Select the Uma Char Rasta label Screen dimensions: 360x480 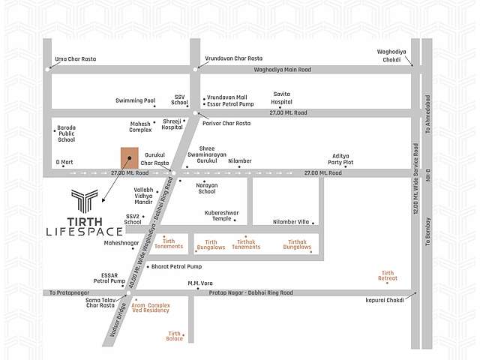coord(72,58)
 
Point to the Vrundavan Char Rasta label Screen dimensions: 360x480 coord(234,58)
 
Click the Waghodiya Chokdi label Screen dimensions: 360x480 coord(391,55)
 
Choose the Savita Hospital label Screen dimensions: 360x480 coord(281,97)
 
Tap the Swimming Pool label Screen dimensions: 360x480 coord(135,100)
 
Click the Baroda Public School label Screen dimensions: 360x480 coord(66,133)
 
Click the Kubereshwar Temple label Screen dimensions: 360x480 coord(221,215)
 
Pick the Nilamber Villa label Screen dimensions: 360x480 coord(290,221)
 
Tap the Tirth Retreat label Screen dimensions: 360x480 coord(387,276)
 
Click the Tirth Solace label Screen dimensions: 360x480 coord(175,336)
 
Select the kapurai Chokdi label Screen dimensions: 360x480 coord(384,299)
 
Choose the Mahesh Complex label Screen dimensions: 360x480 coord(140,126)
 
